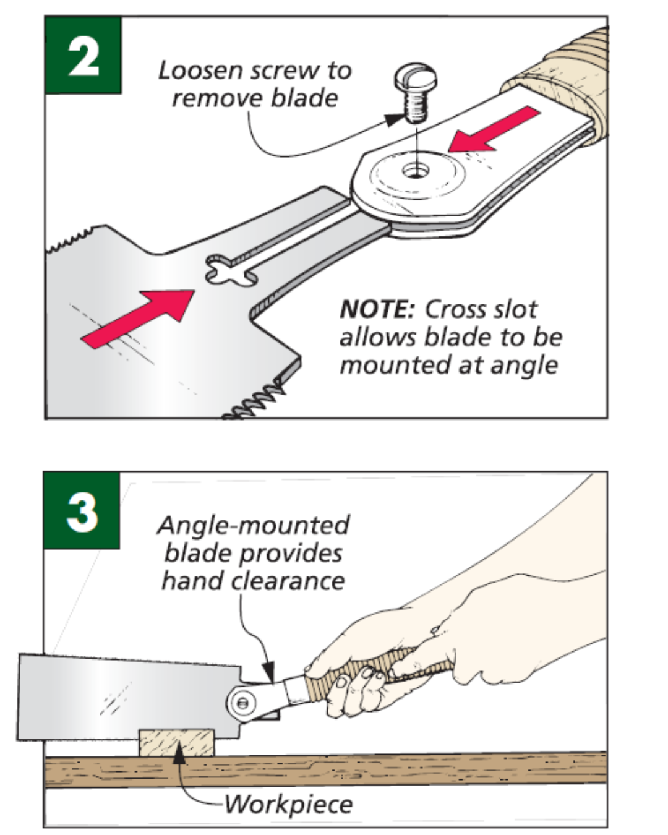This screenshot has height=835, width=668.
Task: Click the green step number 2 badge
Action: pos(83,56)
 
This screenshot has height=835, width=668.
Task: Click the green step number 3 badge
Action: pos(82,511)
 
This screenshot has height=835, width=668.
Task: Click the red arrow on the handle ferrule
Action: pos(494,130)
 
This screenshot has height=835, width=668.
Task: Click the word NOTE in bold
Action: pos(376,309)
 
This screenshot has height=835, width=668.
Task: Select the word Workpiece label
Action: pos(288,804)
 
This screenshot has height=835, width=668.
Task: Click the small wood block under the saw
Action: pos(176,743)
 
